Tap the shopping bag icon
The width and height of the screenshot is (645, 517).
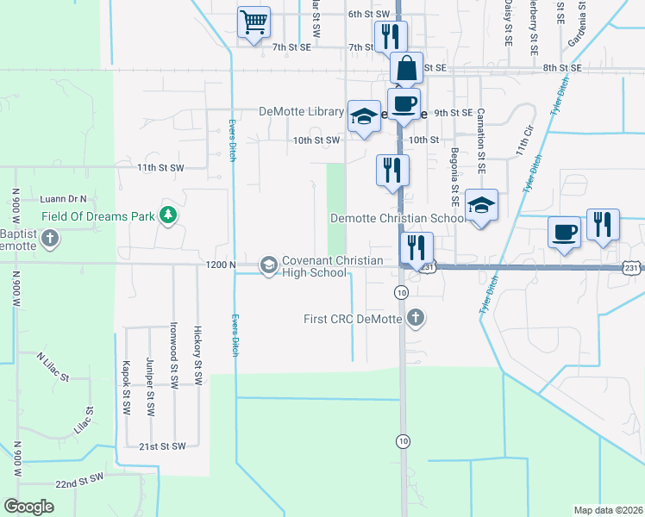[405, 67]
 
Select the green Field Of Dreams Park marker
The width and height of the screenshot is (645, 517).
[169, 215]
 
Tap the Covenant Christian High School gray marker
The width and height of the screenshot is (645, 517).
[269, 265]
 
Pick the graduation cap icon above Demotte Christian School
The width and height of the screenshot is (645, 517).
[481, 205]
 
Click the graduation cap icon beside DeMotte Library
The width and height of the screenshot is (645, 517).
[364, 115]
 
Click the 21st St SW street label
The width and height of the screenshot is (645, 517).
[162, 446]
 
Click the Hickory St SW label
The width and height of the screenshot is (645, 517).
[197, 354]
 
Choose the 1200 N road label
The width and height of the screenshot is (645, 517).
[222, 265]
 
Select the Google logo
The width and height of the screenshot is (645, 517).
[28, 507]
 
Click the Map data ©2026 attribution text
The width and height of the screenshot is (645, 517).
[608, 510]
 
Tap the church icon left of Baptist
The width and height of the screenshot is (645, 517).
[51, 238]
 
